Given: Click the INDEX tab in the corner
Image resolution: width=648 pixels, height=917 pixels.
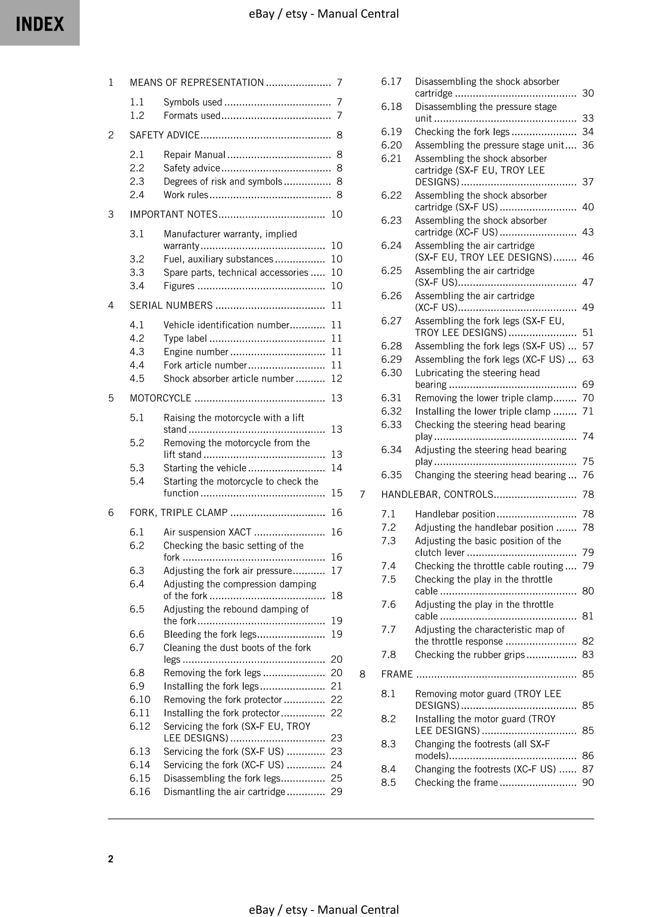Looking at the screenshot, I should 40,23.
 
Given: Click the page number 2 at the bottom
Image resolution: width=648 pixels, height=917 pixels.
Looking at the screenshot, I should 111,859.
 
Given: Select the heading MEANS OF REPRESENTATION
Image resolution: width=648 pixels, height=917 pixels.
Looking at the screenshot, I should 196,83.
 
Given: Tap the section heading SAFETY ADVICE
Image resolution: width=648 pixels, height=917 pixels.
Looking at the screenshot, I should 164,135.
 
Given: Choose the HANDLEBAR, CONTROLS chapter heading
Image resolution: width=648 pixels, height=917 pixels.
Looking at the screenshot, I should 437,494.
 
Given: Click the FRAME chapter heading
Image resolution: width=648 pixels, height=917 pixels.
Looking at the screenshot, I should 397,674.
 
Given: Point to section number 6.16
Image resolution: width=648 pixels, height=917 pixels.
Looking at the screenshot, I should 140,791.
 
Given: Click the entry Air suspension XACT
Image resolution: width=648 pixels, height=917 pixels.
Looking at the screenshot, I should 207,532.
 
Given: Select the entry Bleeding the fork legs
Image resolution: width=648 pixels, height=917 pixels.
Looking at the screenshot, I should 210,634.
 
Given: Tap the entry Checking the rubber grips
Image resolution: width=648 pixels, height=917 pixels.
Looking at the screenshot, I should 470,655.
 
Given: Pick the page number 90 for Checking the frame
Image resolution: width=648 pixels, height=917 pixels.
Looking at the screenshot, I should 588,782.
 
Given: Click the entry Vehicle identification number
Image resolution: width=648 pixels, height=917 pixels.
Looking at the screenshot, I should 226,325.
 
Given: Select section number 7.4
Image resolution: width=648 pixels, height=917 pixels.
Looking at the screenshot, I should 388,566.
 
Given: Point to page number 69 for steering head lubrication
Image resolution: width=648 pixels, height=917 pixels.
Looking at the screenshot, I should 588,385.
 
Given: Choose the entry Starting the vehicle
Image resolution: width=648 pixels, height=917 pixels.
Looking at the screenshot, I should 205,468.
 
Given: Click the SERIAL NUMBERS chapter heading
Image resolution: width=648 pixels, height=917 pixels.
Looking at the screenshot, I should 171,306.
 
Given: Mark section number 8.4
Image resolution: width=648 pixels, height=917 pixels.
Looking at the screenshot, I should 388,769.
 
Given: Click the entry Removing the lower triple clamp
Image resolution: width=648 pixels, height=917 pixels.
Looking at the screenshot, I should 484,398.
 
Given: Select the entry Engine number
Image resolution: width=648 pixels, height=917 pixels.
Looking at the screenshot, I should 196,352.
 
